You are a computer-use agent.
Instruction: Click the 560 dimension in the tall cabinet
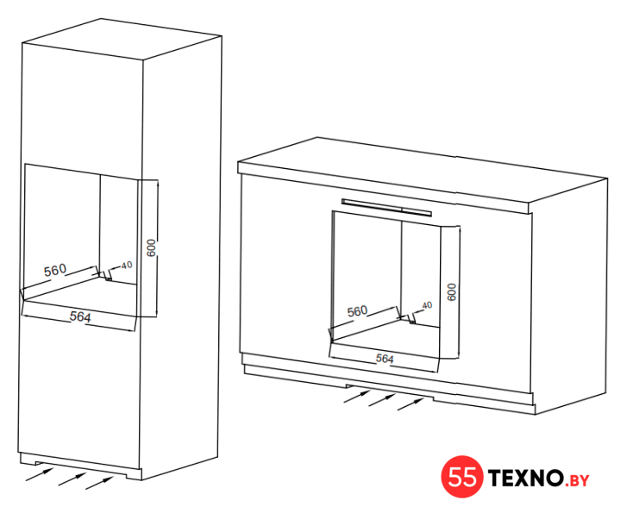pos(55,271)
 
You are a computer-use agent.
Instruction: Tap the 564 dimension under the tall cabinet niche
pos(80,316)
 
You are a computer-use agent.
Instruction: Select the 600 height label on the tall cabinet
pos(151,248)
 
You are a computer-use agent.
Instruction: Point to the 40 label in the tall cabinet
pos(127,265)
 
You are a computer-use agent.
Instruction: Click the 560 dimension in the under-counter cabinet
pos(357,311)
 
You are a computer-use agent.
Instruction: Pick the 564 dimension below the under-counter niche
pos(385,359)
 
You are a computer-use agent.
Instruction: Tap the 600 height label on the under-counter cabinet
pos(451,292)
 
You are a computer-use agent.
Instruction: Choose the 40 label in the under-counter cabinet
pos(427,305)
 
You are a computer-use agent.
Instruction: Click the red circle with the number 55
pos(462,477)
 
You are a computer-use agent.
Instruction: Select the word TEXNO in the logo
pos(525,478)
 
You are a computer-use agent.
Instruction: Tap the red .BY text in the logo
pos(577,480)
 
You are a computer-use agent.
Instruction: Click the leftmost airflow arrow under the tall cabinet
pos(40,474)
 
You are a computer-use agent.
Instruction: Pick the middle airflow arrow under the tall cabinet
pos(72,479)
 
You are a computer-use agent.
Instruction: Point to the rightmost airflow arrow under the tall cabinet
pos(99,483)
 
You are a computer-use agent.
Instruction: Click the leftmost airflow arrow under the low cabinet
pos(357,397)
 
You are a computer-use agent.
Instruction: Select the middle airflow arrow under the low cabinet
pos(383,400)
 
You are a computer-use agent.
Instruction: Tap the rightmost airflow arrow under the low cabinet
pos(411,404)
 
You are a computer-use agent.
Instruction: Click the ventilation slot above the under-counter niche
pos(386,207)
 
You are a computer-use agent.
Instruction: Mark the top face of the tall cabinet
pos(122,39)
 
